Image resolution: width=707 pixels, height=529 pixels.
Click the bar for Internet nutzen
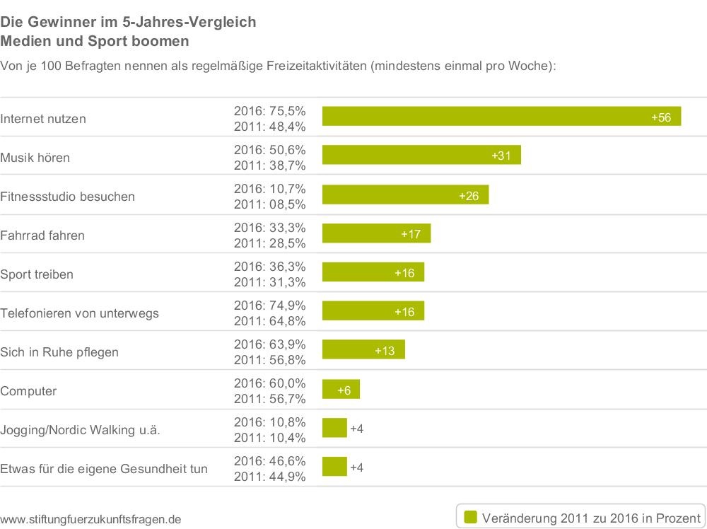[501, 117]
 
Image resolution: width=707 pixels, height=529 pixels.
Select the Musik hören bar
[421, 156]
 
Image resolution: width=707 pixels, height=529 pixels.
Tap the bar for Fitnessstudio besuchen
[405, 194]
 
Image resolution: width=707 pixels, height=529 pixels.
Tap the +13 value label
[385, 351]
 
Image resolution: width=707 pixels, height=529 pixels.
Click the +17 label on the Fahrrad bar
[411, 234]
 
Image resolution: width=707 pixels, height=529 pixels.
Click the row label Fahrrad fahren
[42, 236]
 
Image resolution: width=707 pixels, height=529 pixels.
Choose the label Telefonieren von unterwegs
[79, 313]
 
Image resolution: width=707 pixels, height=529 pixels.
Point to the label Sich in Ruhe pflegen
[59, 352]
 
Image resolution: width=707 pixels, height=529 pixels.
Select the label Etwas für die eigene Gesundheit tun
[104, 468]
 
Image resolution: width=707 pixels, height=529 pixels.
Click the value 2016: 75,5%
[269, 111]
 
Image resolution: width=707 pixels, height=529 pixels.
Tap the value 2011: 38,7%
[269, 165]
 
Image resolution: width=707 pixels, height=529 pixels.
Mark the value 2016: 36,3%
[269, 267]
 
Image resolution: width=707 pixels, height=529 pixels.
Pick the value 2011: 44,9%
[269, 477]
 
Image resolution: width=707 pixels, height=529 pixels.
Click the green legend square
[470, 516]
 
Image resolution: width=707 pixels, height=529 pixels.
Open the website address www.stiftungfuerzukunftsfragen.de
[90, 519]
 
